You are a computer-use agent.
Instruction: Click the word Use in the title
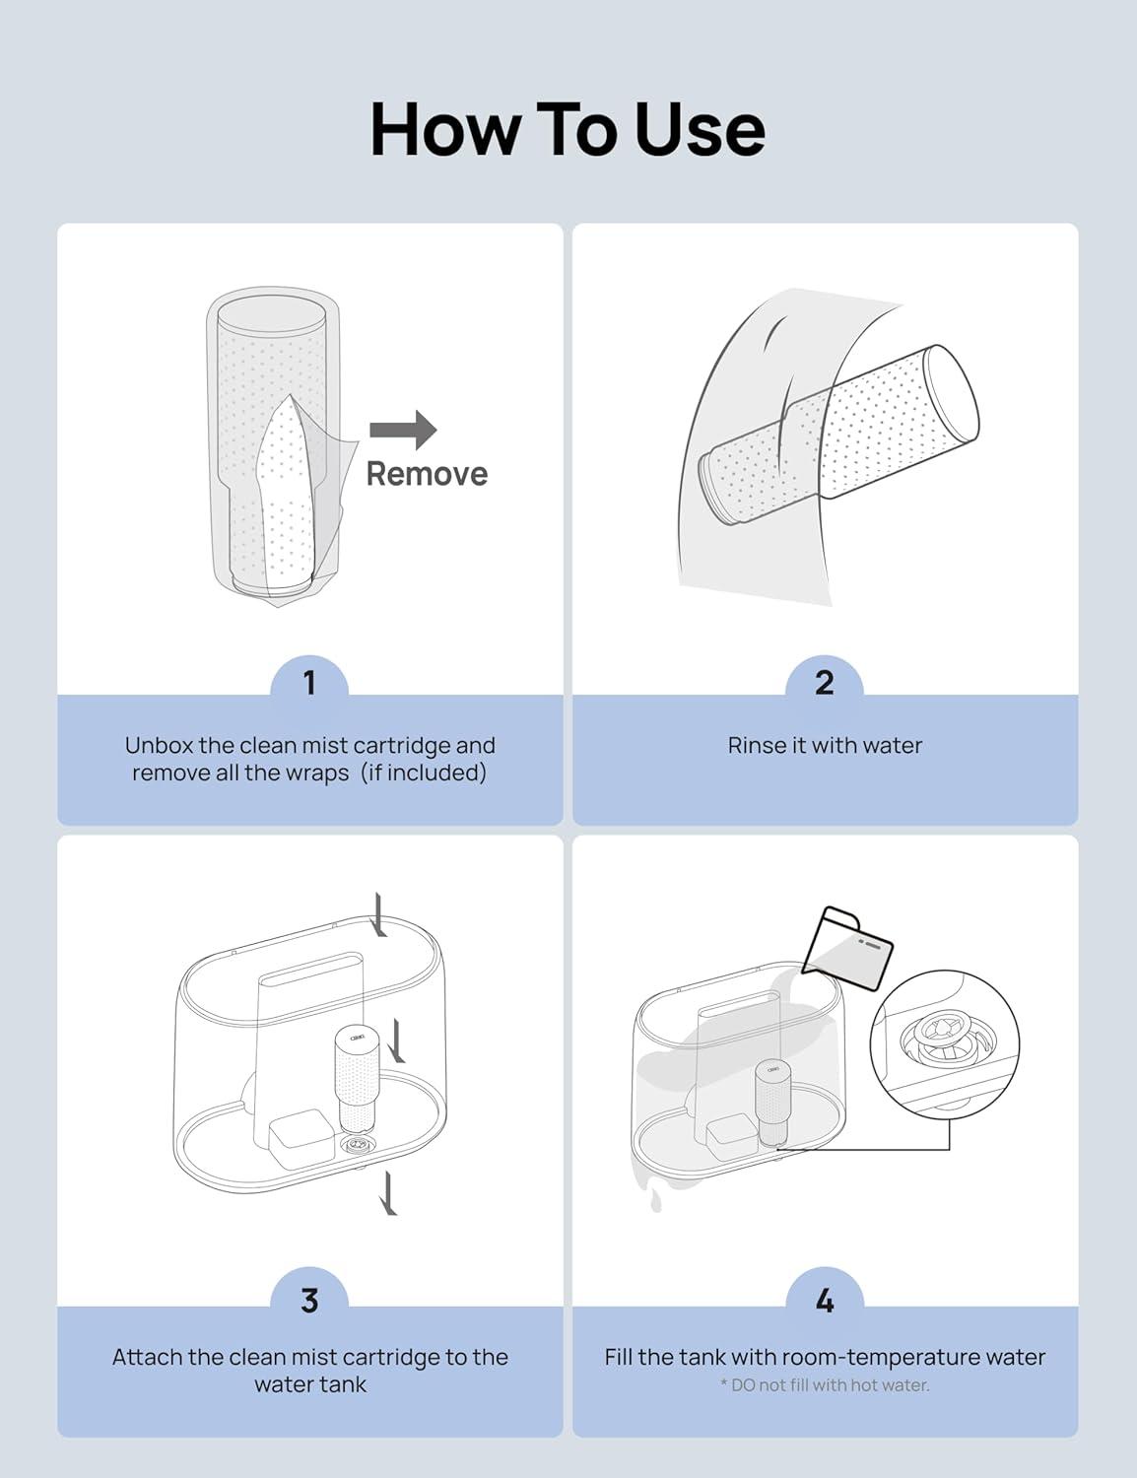coord(700,129)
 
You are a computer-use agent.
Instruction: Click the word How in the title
coord(444,129)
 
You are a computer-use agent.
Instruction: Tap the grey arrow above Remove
coord(403,430)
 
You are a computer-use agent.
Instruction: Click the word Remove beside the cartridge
coord(427,474)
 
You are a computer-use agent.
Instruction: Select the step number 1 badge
coord(309,682)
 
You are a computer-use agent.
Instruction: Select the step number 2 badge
coord(825,682)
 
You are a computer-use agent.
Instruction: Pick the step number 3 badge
coord(309,1300)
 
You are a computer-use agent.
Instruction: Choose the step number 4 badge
coord(825,1300)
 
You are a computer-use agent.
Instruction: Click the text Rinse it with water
coord(825,746)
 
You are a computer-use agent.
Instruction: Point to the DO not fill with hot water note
coord(825,1384)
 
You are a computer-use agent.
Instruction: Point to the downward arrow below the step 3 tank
coord(388,1192)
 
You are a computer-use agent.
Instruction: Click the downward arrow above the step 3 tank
coord(379,914)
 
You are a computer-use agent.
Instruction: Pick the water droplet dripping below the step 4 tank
coord(656,1202)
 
